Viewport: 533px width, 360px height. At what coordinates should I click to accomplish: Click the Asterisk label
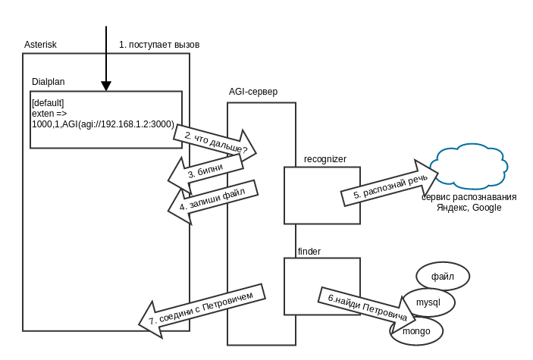[40, 45]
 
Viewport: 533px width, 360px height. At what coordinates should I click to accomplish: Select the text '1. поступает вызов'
[159, 45]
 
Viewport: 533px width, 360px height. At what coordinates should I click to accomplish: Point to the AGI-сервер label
[253, 92]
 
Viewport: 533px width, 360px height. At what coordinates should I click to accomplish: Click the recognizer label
[325, 159]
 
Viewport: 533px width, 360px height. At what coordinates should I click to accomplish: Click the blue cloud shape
[469, 168]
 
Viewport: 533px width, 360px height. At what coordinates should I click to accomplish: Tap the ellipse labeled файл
[443, 276]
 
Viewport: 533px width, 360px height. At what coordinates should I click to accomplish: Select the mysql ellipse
[429, 302]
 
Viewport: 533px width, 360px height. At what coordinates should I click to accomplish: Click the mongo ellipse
[416, 331]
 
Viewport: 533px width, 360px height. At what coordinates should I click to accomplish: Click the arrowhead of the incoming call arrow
[106, 85]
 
